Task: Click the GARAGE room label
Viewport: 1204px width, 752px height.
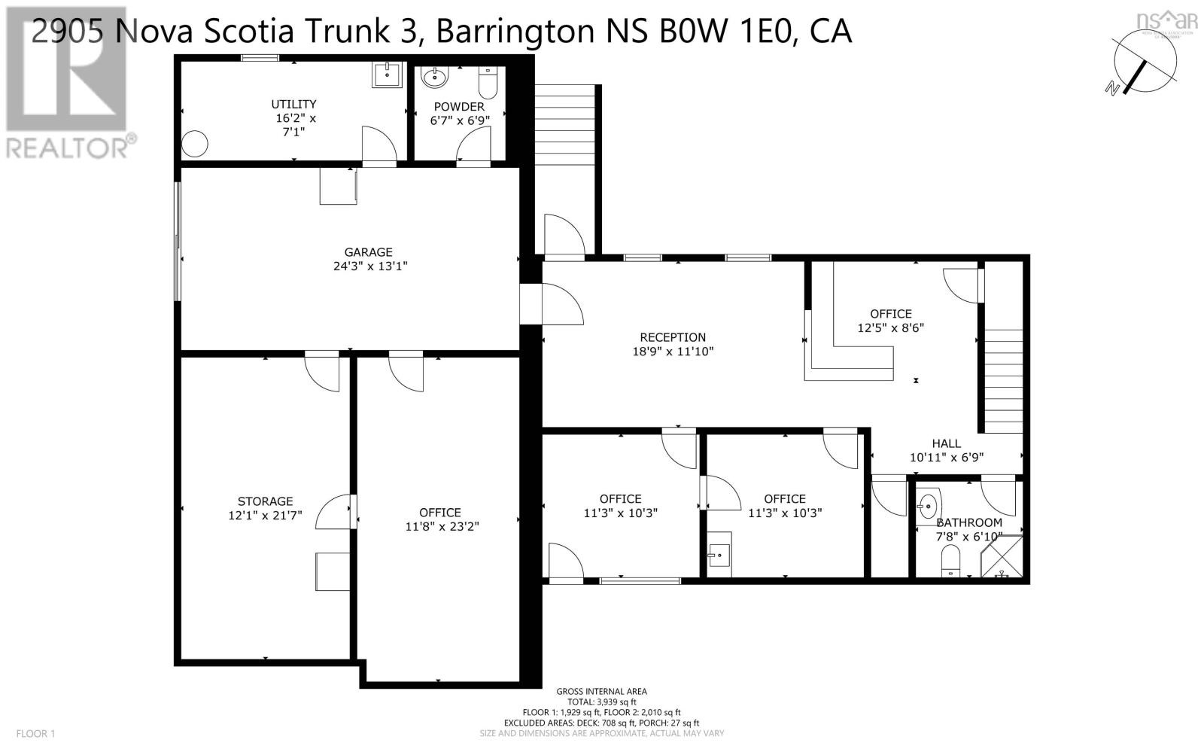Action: click(x=369, y=252)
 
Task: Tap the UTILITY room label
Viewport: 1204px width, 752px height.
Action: click(x=293, y=104)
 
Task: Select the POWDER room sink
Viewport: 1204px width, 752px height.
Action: click(x=434, y=77)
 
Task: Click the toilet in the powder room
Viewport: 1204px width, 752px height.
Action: click(x=488, y=84)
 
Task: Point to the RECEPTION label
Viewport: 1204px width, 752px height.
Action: click(x=673, y=337)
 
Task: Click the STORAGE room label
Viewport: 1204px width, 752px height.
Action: click(x=265, y=501)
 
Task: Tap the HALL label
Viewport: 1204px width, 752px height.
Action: click(x=946, y=443)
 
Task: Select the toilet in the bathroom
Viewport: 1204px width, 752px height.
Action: click(x=952, y=561)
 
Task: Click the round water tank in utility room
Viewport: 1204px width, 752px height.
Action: click(x=195, y=143)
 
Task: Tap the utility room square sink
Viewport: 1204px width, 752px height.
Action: click(x=388, y=75)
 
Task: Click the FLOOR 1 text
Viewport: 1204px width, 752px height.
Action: click(x=35, y=733)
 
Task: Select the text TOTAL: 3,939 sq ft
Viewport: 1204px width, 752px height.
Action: click(x=601, y=702)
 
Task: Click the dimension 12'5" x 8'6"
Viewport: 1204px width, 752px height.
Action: click(x=890, y=328)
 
